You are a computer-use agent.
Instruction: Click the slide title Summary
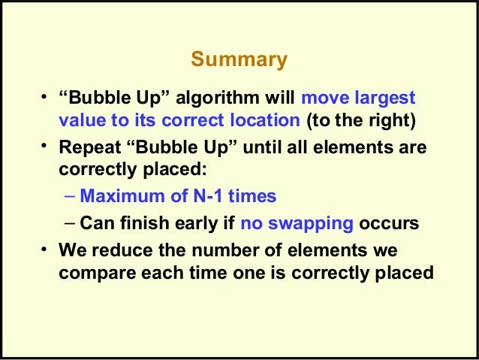point(239,59)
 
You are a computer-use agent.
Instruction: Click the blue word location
point(262,121)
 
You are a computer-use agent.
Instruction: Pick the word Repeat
point(86,149)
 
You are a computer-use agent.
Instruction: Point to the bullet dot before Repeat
point(45,146)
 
